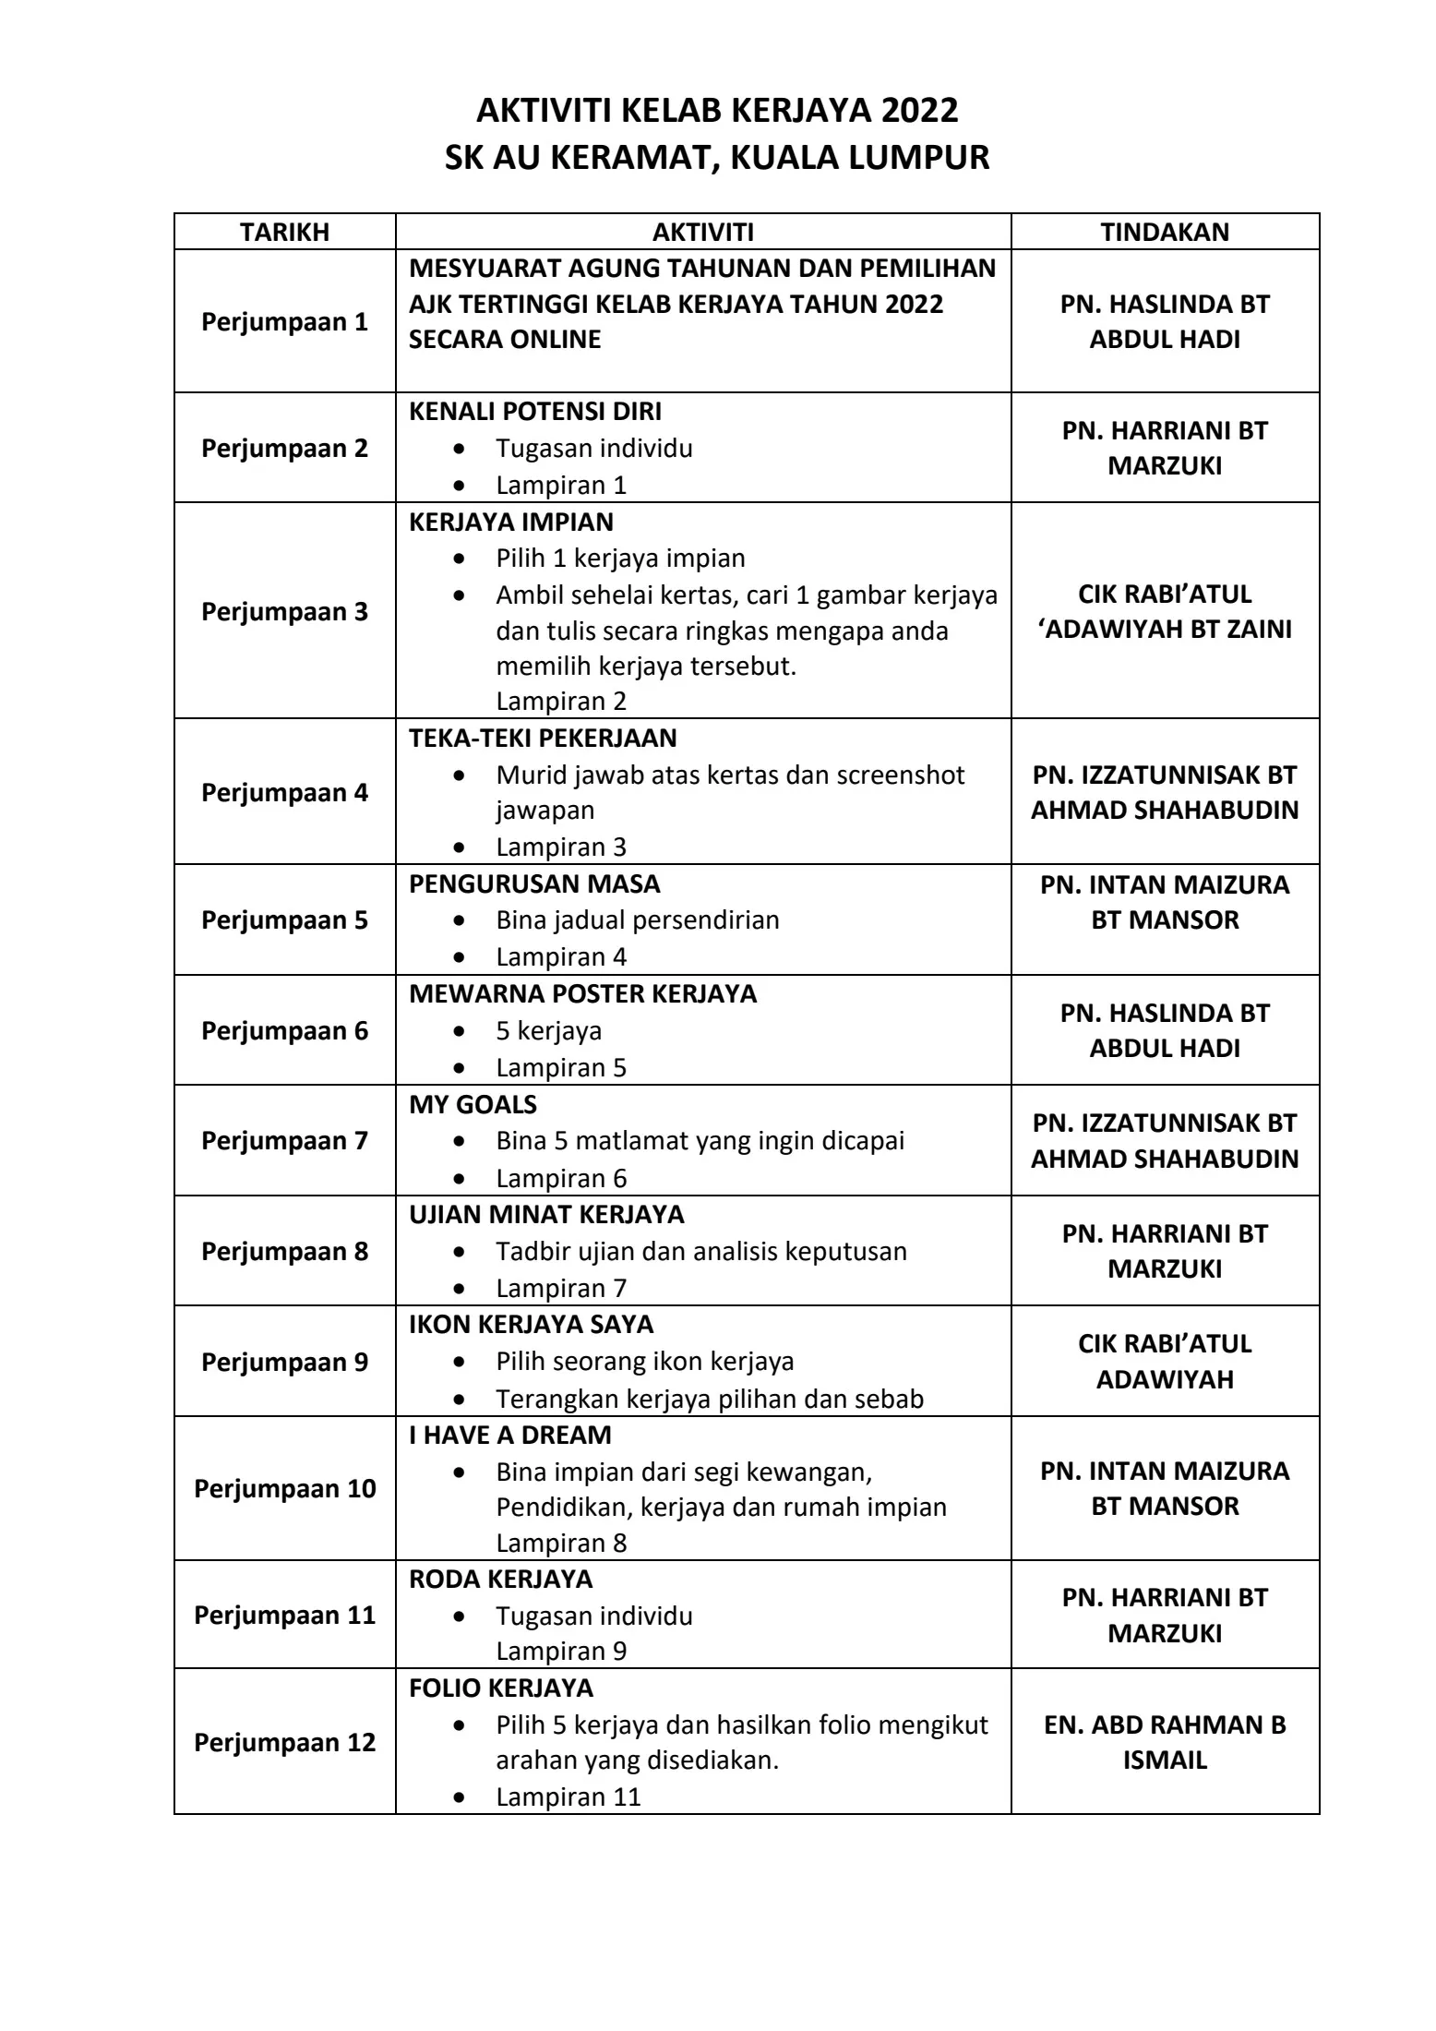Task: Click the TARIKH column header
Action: tap(284, 232)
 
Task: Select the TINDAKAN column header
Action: tap(1165, 232)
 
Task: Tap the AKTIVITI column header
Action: tap(703, 232)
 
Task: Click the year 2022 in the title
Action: tap(919, 111)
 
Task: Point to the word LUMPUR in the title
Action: tap(919, 158)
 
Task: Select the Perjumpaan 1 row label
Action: tap(284, 322)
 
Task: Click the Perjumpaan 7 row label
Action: tap(284, 1141)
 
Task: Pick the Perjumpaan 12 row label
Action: tap(284, 1743)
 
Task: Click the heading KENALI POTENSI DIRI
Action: tap(535, 412)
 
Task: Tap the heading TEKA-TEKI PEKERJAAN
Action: tap(543, 739)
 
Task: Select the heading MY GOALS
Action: tap(473, 1105)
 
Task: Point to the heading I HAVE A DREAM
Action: tap(510, 1436)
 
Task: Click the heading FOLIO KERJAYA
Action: tap(501, 1688)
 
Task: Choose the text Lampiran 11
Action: tap(568, 1797)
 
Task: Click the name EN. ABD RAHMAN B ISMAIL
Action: tap(1165, 1743)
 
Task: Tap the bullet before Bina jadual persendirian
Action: tap(460, 921)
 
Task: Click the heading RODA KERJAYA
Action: tap(500, 1580)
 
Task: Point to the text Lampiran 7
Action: tap(561, 1288)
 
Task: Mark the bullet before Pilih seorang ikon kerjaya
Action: tap(460, 1363)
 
